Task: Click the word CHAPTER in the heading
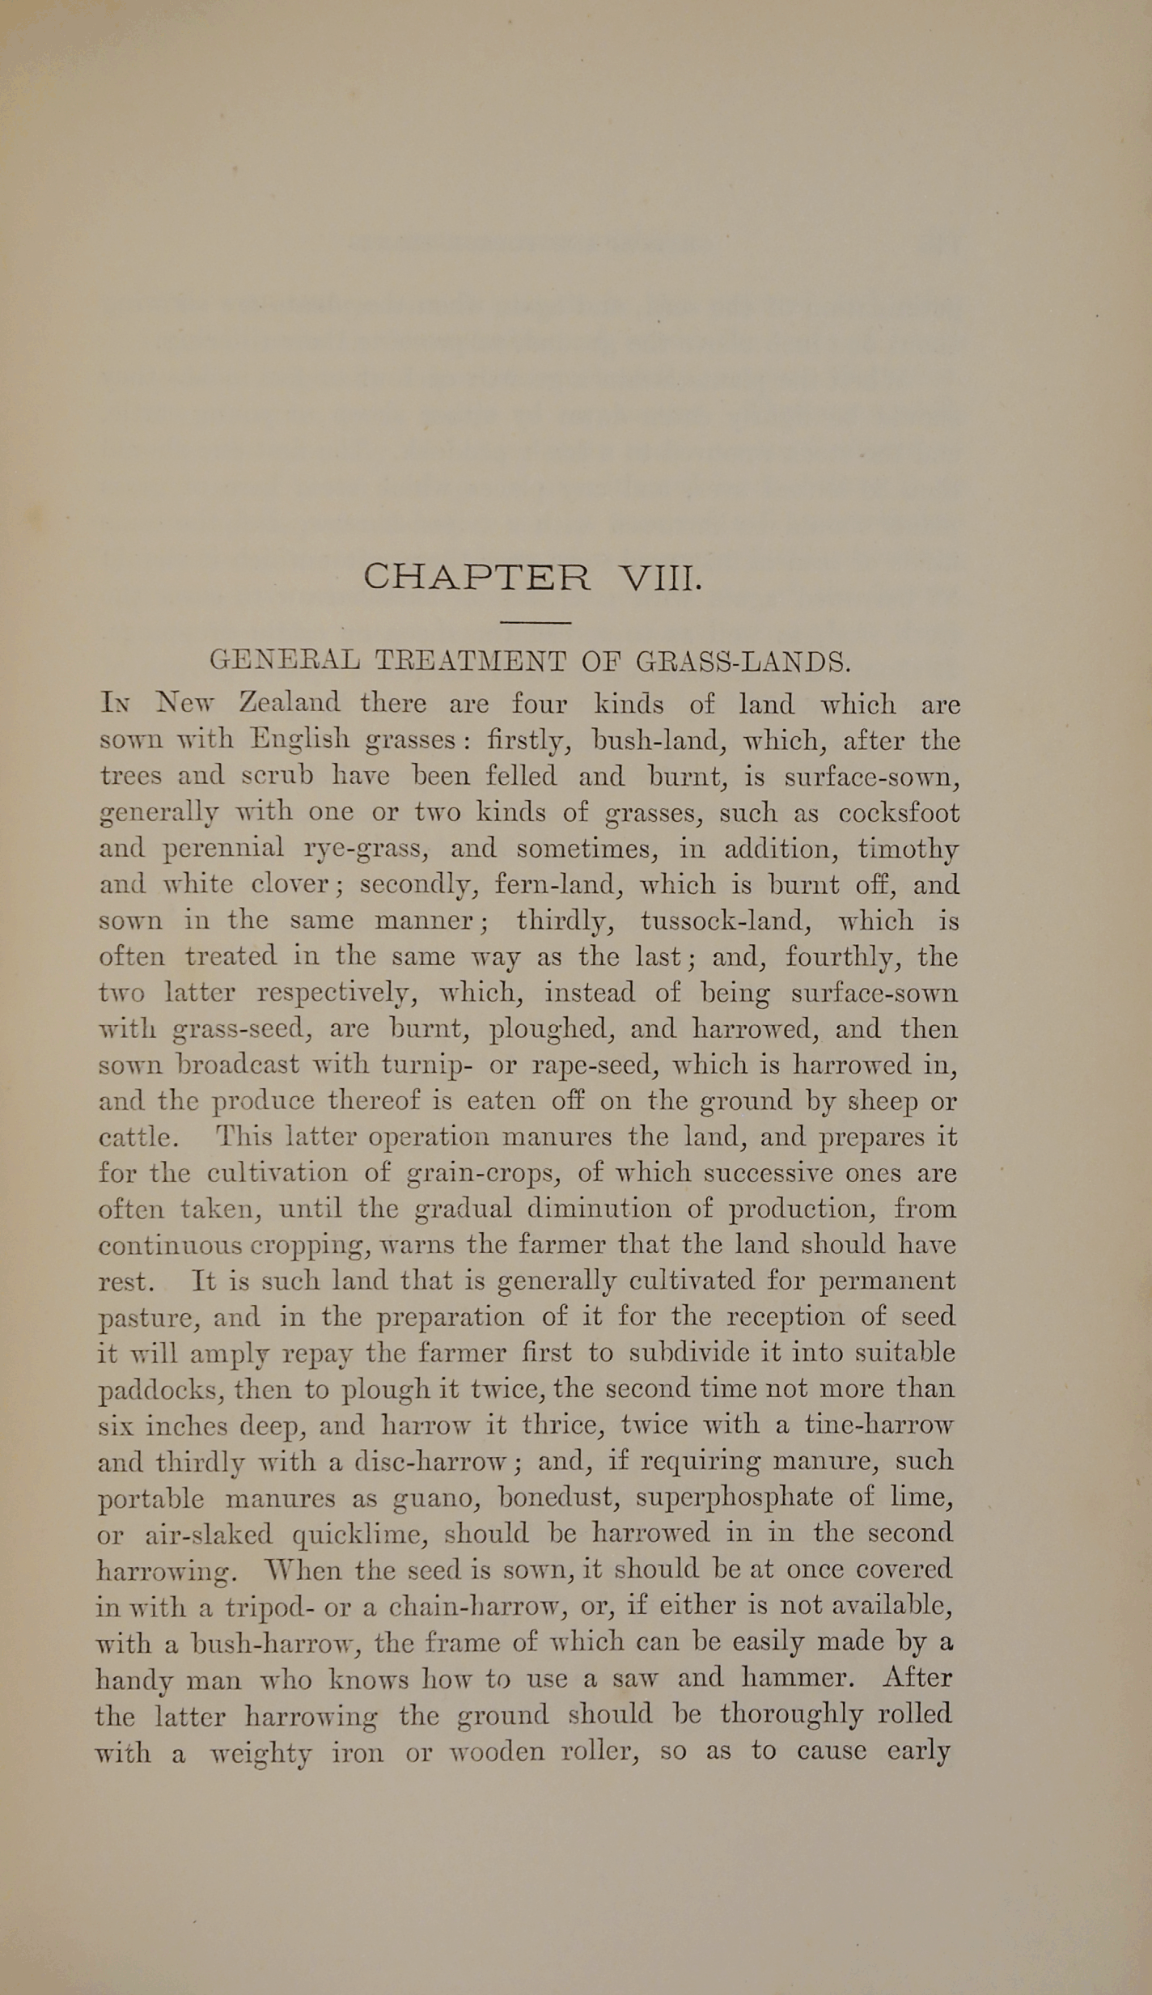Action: (476, 578)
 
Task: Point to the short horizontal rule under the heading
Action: (536, 622)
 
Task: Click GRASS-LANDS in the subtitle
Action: (743, 662)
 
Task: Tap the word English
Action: (299, 739)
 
